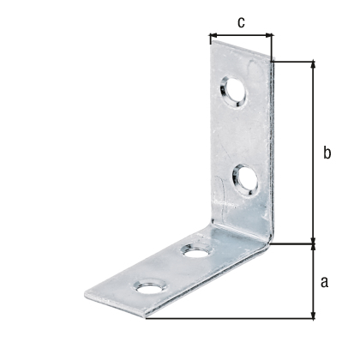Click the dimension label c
tap(242, 22)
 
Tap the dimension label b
tap(327, 152)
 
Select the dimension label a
tap(324, 282)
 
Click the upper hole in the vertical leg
tap(233, 92)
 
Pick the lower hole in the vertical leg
tap(245, 180)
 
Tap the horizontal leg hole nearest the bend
tap(197, 250)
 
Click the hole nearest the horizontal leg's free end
tap(150, 286)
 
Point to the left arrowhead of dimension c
tap(213, 35)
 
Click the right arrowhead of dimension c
tap(268, 35)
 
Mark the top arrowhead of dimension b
tap(314, 64)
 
